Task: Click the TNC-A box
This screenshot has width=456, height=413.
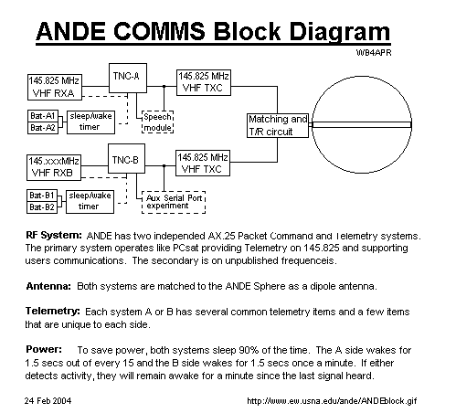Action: pyautogui.click(x=128, y=78)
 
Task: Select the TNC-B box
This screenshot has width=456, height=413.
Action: pyautogui.click(x=127, y=159)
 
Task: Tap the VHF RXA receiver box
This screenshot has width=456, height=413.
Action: pyautogui.click(x=55, y=87)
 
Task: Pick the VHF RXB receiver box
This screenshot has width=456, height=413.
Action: pyautogui.click(x=54, y=167)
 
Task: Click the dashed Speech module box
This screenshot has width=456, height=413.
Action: pyautogui.click(x=158, y=122)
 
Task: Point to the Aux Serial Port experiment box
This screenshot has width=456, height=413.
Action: pyautogui.click(x=174, y=202)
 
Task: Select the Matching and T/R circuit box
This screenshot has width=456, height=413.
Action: pyautogui.click(x=278, y=125)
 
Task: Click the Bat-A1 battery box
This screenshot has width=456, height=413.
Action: pyautogui.click(x=43, y=116)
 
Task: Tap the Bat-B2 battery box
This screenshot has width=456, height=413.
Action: pyautogui.click(x=42, y=207)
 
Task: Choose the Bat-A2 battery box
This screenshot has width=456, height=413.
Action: pyautogui.click(x=43, y=128)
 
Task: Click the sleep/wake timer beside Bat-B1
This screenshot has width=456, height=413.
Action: pyautogui.click(x=90, y=202)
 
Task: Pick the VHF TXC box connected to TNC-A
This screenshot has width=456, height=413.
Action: pyautogui.click(x=204, y=82)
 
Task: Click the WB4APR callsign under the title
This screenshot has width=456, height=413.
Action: pyautogui.click(x=374, y=53)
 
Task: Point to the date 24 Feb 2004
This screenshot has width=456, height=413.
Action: pyautogui.click(x=48, y=400)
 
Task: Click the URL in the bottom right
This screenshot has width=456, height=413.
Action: pyautogui.click(x=332, y=401)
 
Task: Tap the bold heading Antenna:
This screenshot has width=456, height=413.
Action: pyautogui.click(x=48, y=286)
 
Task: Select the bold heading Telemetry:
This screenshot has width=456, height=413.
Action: pyautogui.click(x=53, y=312)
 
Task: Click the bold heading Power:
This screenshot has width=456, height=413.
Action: pyautogui.click(x=44, y=349)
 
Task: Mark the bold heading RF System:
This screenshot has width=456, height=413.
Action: pyautogui.click(x=54, y=236)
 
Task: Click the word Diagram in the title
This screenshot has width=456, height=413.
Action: pyautogui.click(x=339, y=32)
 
